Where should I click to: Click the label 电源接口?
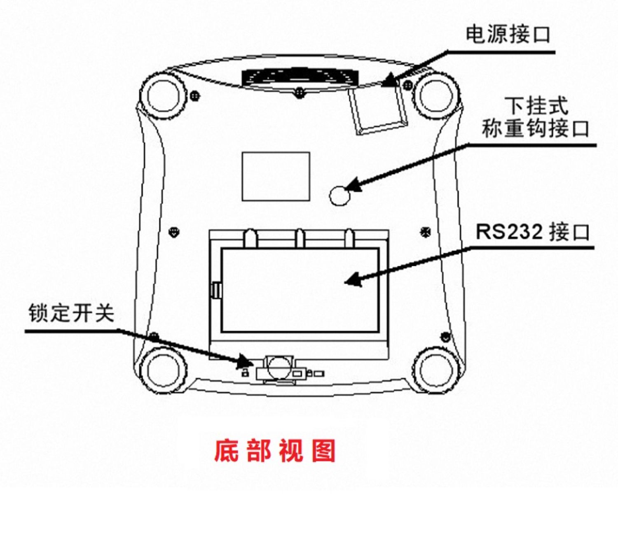(x=508, y=34)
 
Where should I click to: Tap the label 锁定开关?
(x=71, y=313)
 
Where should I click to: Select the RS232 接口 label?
(x=532, y=232)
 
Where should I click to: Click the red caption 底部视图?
(x=275, y=451)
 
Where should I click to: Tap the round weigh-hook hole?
(x=340, y=195)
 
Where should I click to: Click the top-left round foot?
(x=164, y=95)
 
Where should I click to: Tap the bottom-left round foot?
(x=164, y=369)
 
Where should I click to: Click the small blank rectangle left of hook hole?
(x=275, y=176)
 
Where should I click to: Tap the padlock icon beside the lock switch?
(x=245, y=373)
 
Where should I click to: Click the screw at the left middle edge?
(x=175, y=232)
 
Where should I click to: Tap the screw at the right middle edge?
(x=425, y=232)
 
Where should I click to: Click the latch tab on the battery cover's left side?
(x=216, y=290)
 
